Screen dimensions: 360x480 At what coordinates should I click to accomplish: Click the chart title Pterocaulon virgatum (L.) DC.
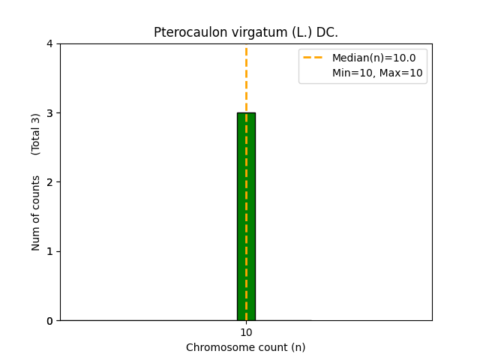pos(246,32)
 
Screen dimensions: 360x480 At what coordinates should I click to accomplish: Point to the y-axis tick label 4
pos(49,43)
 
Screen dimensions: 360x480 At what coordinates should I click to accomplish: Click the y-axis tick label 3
pos(49,112)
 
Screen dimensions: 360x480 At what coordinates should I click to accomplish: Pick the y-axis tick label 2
pos(49,182)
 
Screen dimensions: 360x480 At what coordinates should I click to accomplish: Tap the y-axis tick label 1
pos(49,251)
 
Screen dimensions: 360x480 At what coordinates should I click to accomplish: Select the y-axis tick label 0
pos(49,320)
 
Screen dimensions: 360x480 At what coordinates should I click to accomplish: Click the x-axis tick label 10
pos(246,332)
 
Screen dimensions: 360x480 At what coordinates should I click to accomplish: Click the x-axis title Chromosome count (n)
pos(246,347)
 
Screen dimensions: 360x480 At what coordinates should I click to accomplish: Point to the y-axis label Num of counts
pos(36,213)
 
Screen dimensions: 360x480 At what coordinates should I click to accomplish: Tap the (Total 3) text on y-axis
pos(36,134)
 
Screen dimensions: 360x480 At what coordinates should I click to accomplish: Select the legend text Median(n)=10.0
pos(373,58)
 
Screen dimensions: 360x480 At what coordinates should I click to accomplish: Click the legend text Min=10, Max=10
pos(377,73)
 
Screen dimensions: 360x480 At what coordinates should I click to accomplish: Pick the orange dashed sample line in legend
pos(314,58)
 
